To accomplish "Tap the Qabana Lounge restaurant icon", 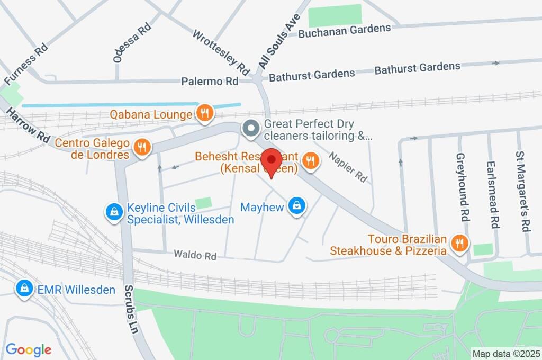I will pyautogui.click(x=204, y=113).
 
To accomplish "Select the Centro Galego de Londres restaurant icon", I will pyautogui.click(x=141, y=148).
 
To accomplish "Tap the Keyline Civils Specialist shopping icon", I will pyautogui.click(x=114, y=213).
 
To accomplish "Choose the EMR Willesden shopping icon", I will pyautogui.click(x=24, y=289).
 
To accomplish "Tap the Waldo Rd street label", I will pyautogui.click(x=195, y=256).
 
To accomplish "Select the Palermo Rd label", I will pyautogui.click(x=210, y=82).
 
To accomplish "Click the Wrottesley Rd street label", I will pyautogui.click(x=221, y=52).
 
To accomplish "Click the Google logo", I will pyautogui.click(x=29, y=350).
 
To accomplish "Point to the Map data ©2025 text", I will pyautogui.click(x=505, y=353).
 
